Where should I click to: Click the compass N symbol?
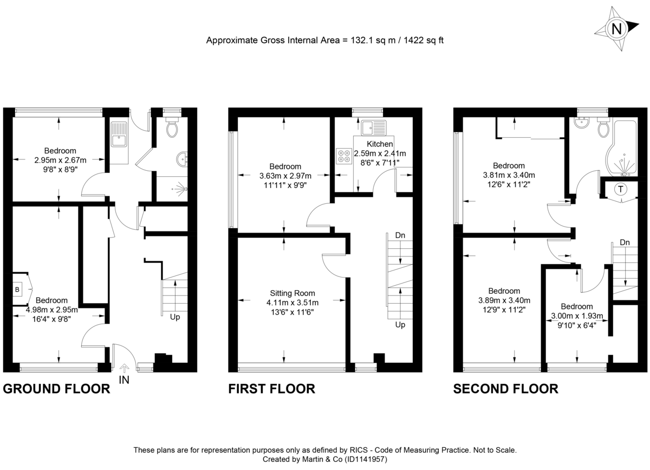click(x=616, y=28)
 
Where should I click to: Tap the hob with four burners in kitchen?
click(x=343, y=156)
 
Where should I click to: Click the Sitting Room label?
click(x=292, y=293)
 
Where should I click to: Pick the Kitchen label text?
click(x=380, y=144)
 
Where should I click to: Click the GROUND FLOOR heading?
click(x=56, y=389)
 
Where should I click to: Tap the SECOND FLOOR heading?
click(x=505, y=389)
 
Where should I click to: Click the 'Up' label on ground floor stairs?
click(x=174, y=317)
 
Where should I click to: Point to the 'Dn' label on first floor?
click(x=400, y=235)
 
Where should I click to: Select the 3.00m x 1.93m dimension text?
click(x=576, y=316)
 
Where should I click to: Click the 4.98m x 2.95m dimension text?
click(x=52, y=310)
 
